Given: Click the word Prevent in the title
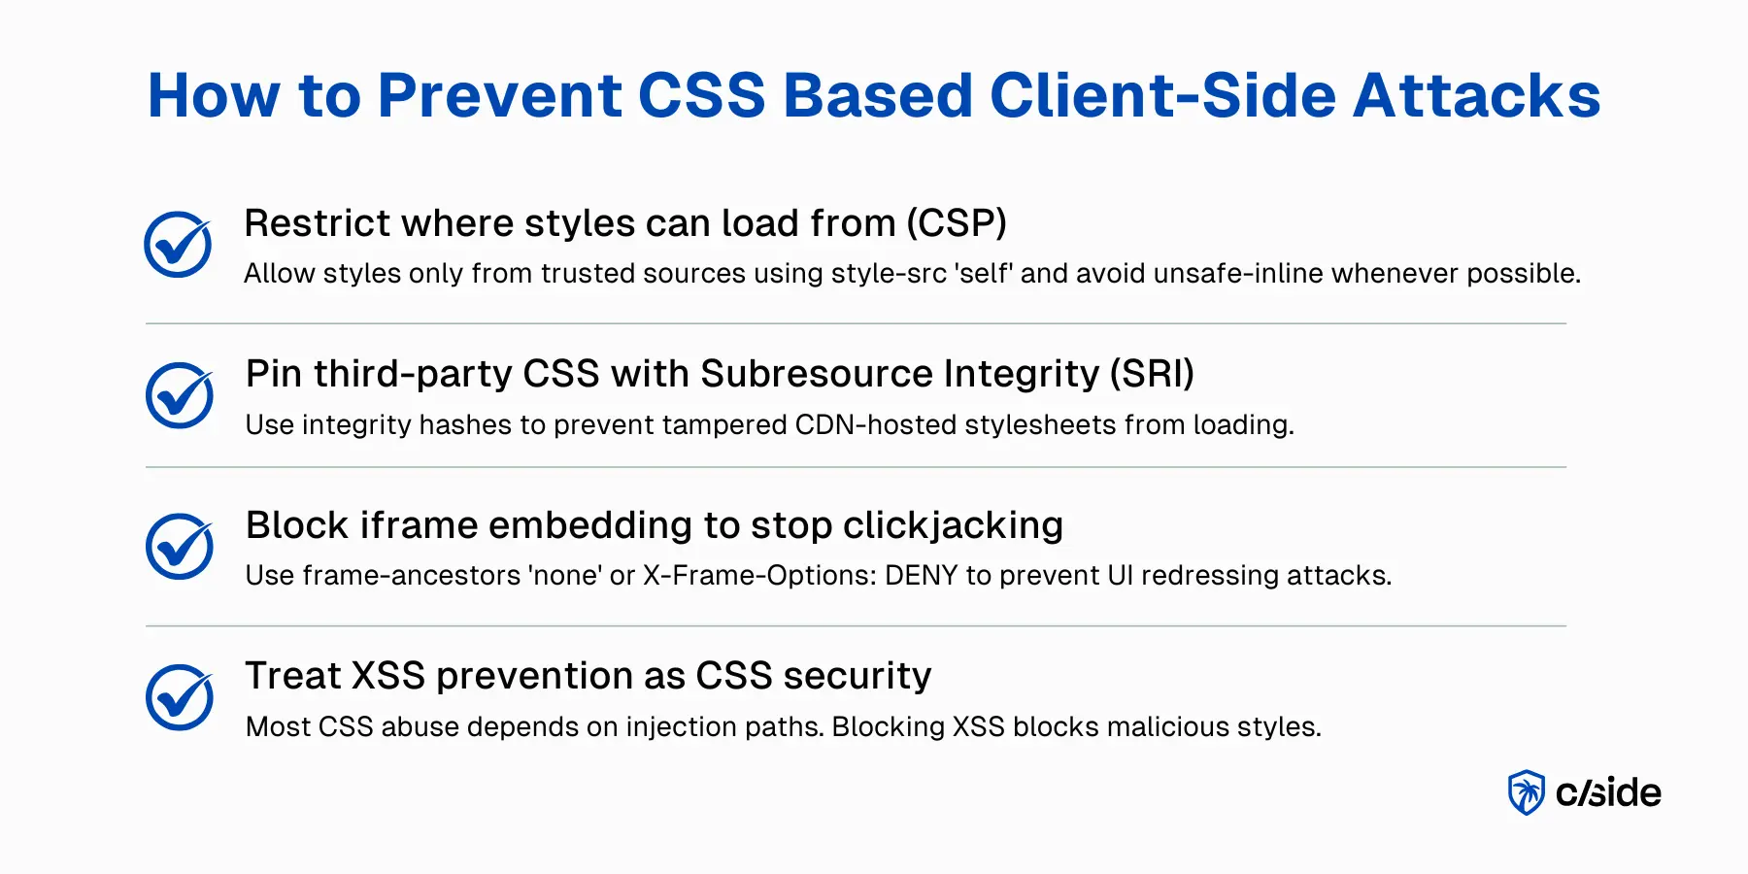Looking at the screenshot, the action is [500, 95].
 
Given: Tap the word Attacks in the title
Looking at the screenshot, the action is [1477, 95].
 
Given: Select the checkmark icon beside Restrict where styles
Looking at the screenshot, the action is [179, 244].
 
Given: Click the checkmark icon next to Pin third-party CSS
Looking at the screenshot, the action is [180, 395].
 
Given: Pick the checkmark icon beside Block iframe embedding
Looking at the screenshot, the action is [180, 546].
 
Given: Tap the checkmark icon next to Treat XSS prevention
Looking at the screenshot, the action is [180, 697].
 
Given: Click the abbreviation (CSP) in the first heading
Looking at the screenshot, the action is [957, 223].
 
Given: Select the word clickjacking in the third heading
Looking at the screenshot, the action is [953, 525].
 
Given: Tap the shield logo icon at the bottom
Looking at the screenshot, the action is [1526, 792].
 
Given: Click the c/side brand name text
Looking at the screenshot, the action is [1608, 792].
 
